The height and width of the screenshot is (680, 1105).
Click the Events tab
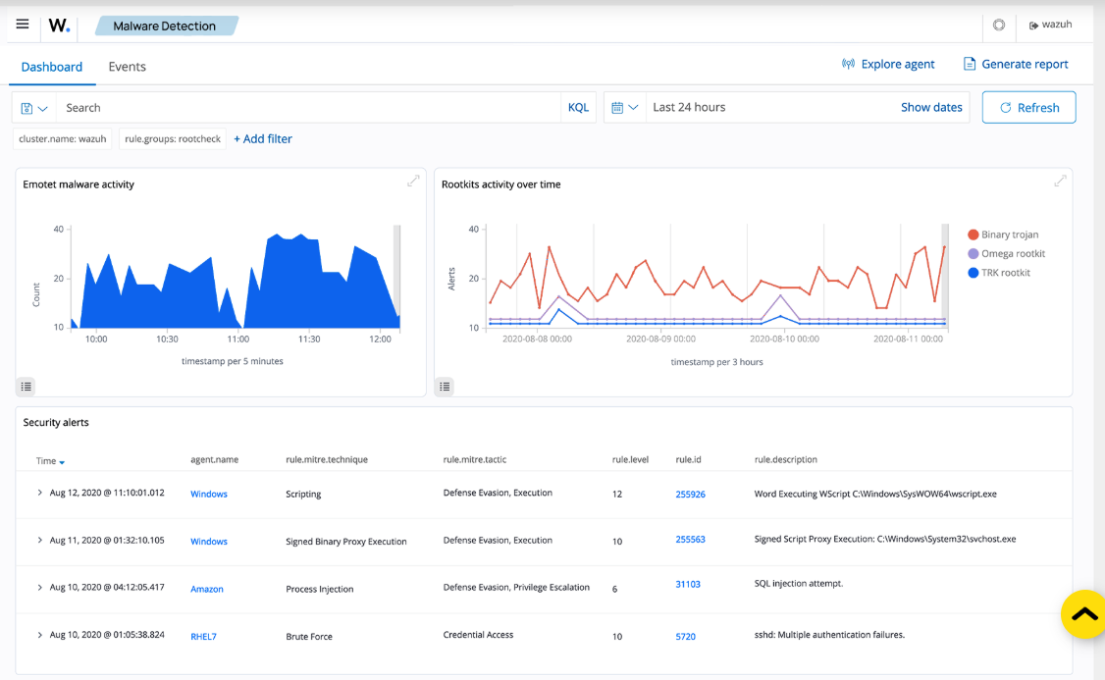(127, 67)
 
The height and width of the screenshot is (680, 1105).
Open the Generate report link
(1016, 64)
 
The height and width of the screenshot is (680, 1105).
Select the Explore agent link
(888, 64)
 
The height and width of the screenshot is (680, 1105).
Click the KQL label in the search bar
(578, 108)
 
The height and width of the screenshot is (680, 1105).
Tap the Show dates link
(931, 107)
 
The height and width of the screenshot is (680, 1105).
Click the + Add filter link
(263, 138)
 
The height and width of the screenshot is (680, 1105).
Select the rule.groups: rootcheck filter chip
(173, 138)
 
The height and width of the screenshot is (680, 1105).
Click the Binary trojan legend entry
(1003, 235)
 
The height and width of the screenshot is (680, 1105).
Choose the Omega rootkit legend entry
(1006, 254)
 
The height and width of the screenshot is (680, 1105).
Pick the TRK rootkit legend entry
(999, 273)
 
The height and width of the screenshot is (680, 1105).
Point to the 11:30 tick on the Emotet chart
(309, 339)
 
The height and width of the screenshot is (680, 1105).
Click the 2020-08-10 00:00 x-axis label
(784, 339)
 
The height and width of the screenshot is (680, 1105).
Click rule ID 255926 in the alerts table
(690, 494)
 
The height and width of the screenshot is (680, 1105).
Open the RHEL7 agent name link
(203, 636)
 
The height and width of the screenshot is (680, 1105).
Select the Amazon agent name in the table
(206, 589)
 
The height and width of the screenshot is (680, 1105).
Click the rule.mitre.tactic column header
(474, 459)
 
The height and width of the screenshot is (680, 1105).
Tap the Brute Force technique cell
(309, 636)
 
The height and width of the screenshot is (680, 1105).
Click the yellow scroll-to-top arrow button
(1084, 614)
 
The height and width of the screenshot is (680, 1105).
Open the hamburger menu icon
(23, 25)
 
